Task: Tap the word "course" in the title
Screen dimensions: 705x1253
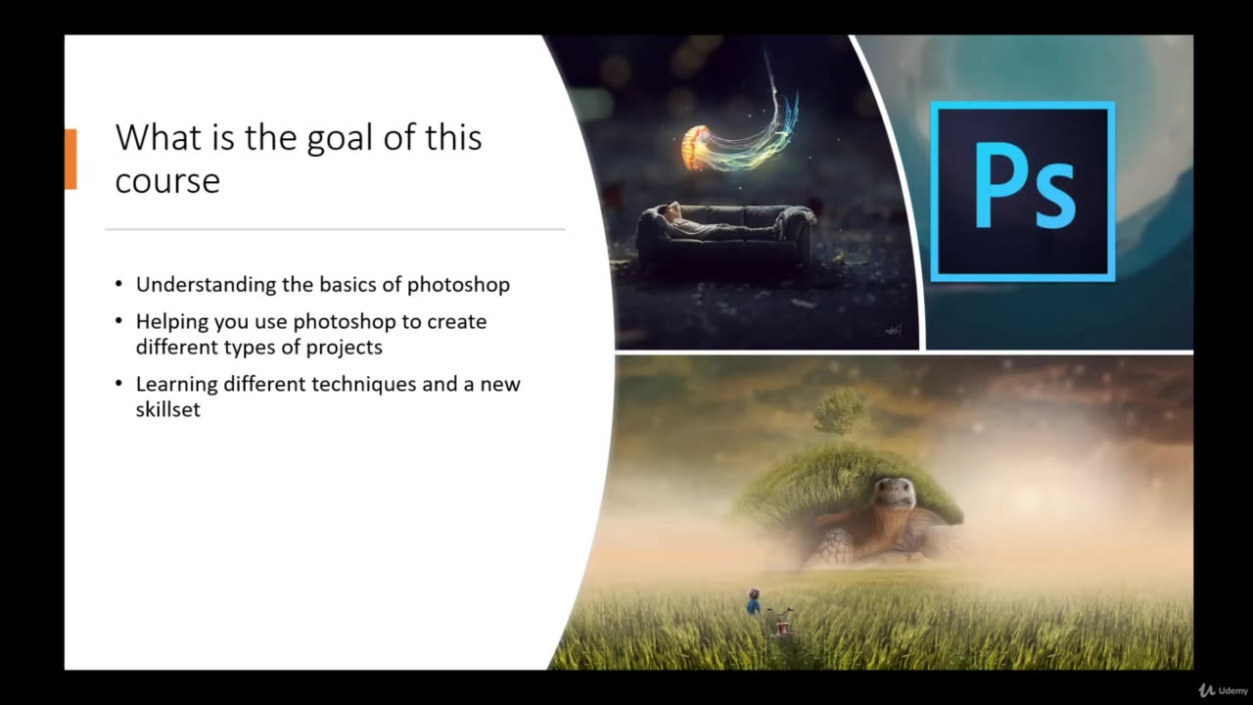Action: (x=167, y=181)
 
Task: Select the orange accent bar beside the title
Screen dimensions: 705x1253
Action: (x=70, y=158)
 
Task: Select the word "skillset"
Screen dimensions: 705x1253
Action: (x=168, y=409)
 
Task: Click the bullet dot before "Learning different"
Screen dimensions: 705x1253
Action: (x=118, y=384)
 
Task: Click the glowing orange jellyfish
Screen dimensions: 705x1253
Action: (x=696, y=146)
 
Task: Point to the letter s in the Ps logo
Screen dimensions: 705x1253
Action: (x=1054, y=199)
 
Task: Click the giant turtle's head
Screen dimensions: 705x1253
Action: (x=893, y=493)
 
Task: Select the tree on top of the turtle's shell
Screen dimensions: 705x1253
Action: (x=840, y=410)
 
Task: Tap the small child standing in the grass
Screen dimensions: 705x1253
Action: (x=753, y=601)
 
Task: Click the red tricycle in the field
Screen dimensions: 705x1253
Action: (x=781, y=620)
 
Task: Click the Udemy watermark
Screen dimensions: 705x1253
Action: (x=1221, y=690)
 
